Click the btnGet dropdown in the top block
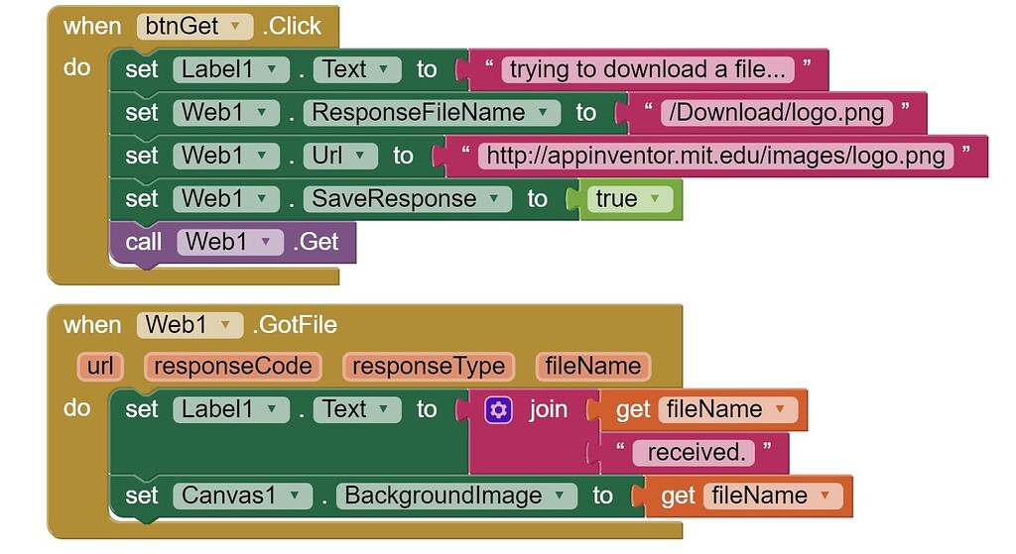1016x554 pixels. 194,27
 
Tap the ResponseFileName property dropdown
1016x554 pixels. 431,113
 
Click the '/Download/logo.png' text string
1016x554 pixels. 776,113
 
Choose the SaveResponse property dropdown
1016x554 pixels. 407,199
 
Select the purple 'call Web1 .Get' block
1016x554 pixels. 232,242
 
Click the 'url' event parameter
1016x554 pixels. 100,367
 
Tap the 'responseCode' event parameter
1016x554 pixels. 233,367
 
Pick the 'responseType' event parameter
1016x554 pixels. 429,367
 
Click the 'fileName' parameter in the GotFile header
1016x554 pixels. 593,367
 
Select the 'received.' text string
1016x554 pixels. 697,453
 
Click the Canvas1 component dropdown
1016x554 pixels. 242,496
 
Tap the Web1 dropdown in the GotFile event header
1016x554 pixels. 190,325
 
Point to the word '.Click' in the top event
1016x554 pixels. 292,27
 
